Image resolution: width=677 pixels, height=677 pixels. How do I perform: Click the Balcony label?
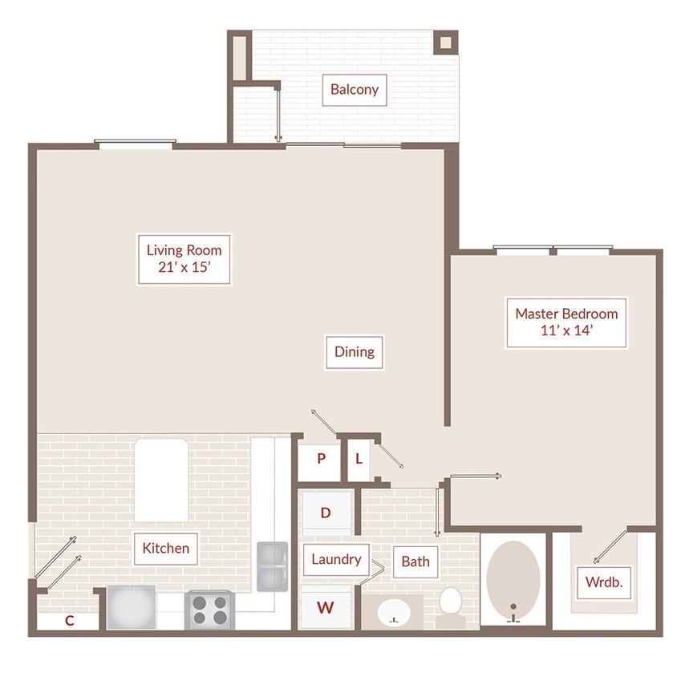[355, 90]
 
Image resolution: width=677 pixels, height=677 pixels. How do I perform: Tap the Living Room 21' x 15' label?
[184, 259]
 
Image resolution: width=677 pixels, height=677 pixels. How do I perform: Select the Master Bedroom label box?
[566, 322]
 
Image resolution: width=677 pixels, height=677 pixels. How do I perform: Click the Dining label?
[355, 352]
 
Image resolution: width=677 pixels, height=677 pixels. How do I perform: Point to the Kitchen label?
[166, 549]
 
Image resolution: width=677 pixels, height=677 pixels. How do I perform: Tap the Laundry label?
[336, 560]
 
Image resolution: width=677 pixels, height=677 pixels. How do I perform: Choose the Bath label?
[416, 561]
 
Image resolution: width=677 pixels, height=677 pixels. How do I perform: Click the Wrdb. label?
[604, 582]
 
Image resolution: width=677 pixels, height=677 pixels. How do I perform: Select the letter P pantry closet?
[320, 459]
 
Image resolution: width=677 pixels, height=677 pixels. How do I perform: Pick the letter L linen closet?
[359, 459]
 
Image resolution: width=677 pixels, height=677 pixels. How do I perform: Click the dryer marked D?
[326, 513]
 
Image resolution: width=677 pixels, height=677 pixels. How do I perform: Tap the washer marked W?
[326, 607]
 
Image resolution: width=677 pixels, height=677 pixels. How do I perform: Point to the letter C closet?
[69, 620]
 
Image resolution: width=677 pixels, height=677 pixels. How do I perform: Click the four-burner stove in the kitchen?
[210, 610]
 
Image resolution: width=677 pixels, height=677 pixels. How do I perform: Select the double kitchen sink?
[273, 566]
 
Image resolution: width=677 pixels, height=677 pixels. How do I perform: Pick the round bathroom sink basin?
[394, 612]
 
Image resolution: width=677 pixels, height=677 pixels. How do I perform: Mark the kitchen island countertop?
[161, 480]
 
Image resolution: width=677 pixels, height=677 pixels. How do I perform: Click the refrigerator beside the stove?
[132, 607]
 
